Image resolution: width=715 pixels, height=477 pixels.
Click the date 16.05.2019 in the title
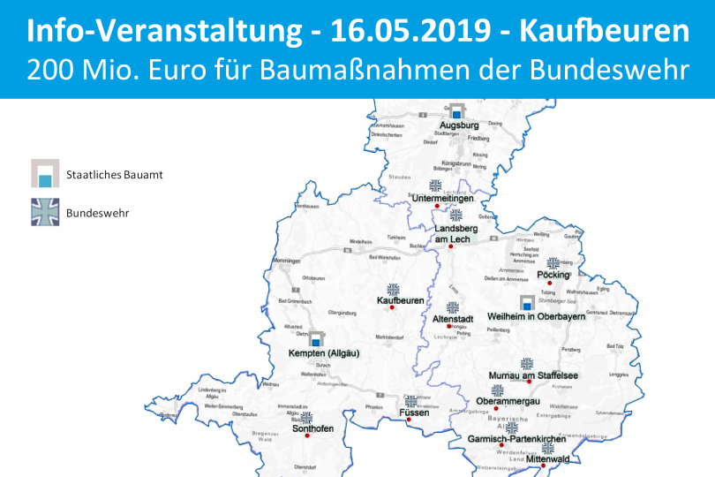(413, 32)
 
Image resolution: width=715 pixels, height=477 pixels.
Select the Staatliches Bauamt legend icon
(44, 174)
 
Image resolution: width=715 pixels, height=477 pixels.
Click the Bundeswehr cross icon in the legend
(44, 212)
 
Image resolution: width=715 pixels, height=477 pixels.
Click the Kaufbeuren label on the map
(400, 301)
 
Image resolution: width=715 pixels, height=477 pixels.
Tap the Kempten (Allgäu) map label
(318, 353)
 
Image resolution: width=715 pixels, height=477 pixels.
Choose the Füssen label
(413, 413)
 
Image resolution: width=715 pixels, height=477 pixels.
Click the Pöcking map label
(553, 276)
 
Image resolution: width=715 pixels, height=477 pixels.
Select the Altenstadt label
(453, 318)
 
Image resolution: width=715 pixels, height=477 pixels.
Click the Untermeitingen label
(437, 198)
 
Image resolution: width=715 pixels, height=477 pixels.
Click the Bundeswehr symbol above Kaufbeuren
(394, 289)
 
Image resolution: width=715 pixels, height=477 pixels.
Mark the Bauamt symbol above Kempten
(315, 339)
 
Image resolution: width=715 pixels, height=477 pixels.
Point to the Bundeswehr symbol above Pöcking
(553, 263)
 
